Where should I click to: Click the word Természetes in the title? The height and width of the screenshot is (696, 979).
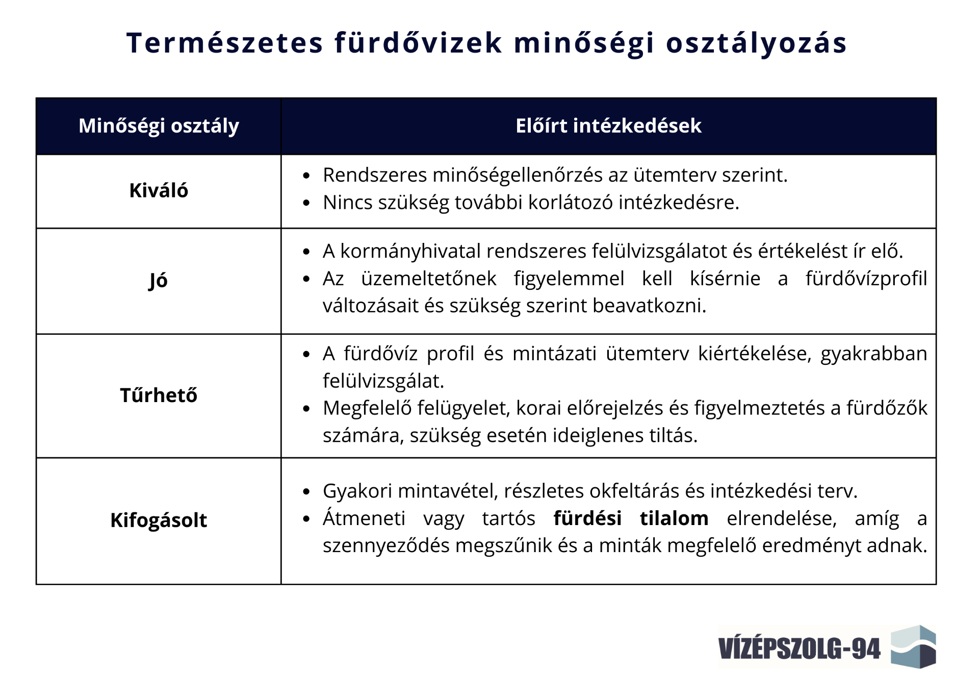(x=225, y=42)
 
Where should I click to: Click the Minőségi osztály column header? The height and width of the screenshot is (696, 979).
(x=159, y=126)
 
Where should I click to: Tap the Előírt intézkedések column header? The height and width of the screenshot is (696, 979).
(x=608, y=126)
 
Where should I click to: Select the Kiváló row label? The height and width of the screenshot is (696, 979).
(x=159, y=190)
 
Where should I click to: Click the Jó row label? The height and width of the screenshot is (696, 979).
(x=158, y=281)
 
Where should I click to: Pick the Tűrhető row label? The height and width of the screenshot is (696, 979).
(x=159, y=395)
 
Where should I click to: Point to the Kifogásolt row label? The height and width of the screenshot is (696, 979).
(x=159, y=520)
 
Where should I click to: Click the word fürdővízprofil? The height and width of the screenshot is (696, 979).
(x=866, y=279)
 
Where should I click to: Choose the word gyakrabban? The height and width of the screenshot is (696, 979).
(x=874, y=354)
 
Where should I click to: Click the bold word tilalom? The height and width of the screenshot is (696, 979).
(x=674, y=518)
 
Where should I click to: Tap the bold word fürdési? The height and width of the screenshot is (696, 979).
(x=587, y=518)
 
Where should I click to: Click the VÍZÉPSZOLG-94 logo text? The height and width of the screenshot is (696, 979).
(x=799, y=648)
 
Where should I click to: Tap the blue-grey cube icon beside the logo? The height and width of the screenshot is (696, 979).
(x=913, y=647)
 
